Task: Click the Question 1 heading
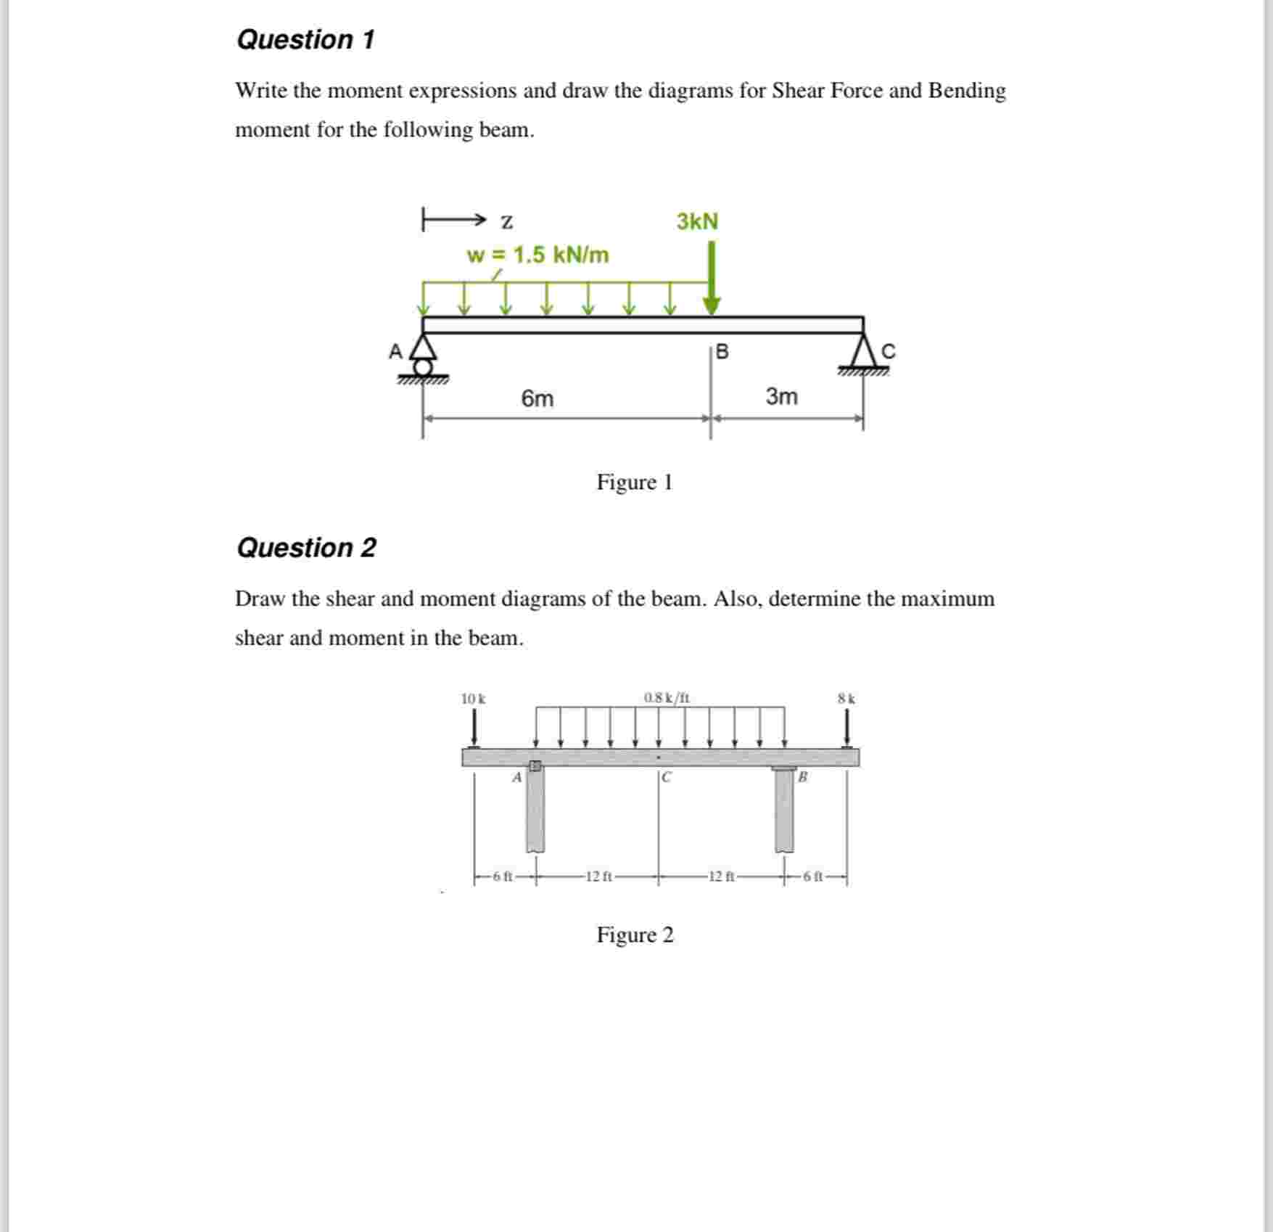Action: coord(305,40)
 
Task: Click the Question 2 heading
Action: coord(306,548)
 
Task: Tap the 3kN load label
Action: coord(697,221)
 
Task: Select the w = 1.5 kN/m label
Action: coord(537,255)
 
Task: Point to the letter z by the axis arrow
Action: coord(507,221)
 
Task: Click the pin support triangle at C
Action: coord(863,354)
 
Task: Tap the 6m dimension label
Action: coord(537,398)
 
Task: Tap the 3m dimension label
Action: coord(781,397)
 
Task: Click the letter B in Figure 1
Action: coord(722,353)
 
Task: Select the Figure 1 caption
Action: coord(635,482)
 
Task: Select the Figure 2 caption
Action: coord(635,935)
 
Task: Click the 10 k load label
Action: coord(474,699)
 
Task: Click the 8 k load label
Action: coord(846,699)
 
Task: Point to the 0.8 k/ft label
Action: coord(667,698)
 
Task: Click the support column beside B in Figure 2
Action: coord(784,811)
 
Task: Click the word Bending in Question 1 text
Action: coord(967,91)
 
